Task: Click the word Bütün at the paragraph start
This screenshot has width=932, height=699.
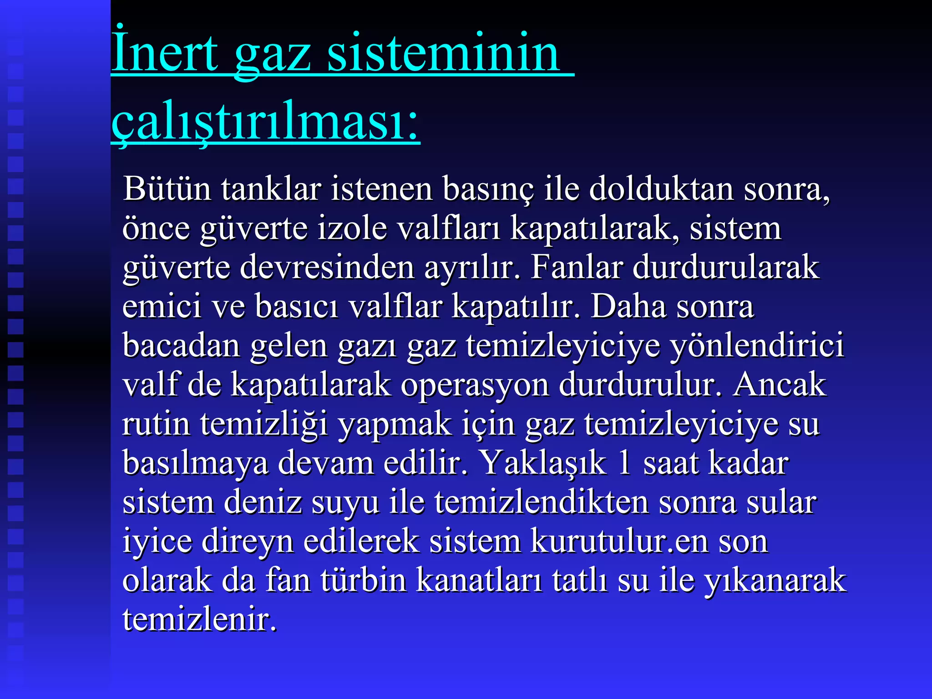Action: [167, 188]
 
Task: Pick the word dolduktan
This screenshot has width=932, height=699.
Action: [661, 188]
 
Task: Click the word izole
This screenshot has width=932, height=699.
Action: [352, 228]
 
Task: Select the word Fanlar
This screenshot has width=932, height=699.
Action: [577, 267]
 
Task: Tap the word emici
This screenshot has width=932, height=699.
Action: [162, 306]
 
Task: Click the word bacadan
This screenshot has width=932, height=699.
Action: [181, 346]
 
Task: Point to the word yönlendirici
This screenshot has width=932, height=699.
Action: [757, 346]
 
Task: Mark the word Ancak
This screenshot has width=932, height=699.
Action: [779, 385]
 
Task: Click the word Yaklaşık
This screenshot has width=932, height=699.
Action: [543, 463]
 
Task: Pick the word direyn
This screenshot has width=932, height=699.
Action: [248, 542]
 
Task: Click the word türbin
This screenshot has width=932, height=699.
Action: [363, 581]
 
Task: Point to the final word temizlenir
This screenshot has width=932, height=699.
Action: [199, 620]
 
